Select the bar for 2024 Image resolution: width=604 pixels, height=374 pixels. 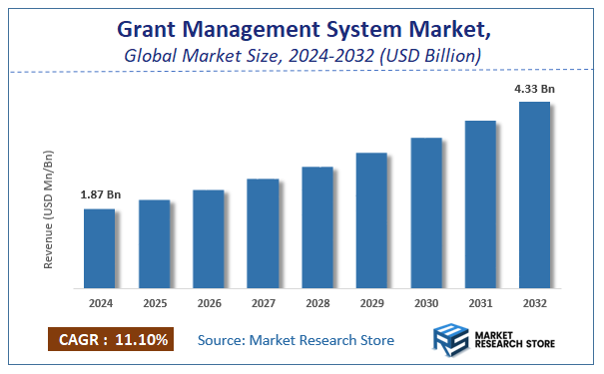99,246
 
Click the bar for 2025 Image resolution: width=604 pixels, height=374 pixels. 154,242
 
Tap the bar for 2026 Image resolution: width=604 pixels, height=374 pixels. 208,237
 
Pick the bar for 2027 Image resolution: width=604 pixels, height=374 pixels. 263,231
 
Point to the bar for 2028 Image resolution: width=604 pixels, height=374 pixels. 316,225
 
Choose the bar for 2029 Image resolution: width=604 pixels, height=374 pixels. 371,218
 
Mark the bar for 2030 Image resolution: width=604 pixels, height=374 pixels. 426,210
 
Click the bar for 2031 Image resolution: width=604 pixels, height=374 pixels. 480,202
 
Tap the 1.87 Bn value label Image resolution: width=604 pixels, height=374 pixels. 100,194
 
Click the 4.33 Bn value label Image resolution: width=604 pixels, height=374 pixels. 534,89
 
